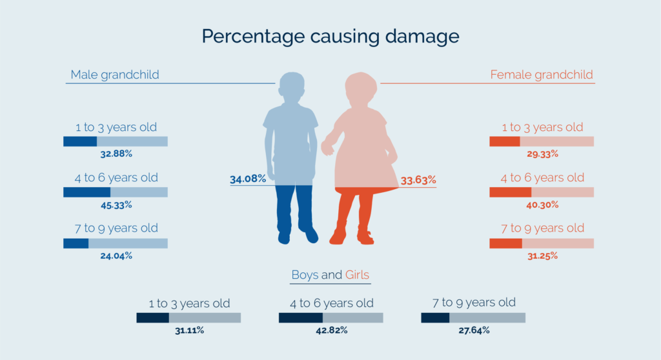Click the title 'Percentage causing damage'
[x=330, y=35]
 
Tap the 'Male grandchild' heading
[x=115, y=75]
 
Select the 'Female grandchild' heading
[x=542, y=75]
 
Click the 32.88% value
[x=116, y=155]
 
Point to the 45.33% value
[x=116, y=205]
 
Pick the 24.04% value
[x=116, y=255]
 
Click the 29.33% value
[x=542, y=155]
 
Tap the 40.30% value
[x=542, y=205]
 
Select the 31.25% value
[x=542, y=255]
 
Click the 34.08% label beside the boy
[x=248, y=179]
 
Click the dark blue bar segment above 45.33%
[x=86, y=192]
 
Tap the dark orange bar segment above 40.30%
[x=510, y=192]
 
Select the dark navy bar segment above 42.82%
[x=300, y=318]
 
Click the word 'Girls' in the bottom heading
[x=357, y=275]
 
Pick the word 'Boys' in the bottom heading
[x=305, y=275]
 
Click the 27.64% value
[x=473, y=330]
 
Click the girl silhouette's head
[x=360, y=87]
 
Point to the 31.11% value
[x=188, y=330]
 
